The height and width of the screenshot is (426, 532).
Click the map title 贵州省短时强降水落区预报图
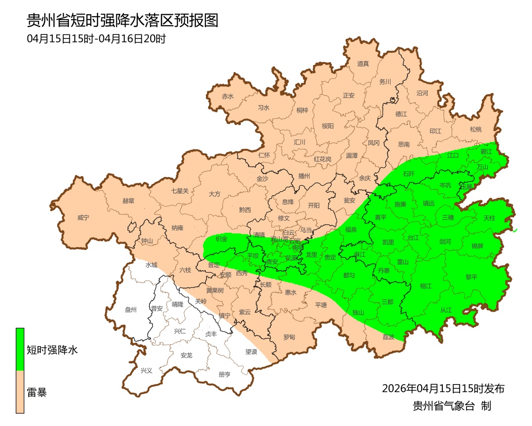click(x=122, y=21)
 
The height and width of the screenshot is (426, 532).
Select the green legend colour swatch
click(x=20, y=349)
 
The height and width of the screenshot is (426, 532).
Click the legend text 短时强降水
click(x=52, y=351)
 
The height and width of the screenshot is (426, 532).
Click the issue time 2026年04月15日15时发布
click(x=443, y=389)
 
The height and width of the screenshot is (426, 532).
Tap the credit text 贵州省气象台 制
click(x=452, y=406)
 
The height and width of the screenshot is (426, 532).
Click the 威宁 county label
click(x=84, y=217)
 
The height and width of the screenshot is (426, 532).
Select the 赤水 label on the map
click(x=228, y=97)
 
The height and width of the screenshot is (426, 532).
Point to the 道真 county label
click(x=363, y=63)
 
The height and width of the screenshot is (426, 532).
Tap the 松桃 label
click(x=475, y=130)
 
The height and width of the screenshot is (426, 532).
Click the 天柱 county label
click(x=489, y=217)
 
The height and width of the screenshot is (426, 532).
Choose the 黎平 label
click(x=471, y=277)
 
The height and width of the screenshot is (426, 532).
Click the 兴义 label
click(x=147, y=370)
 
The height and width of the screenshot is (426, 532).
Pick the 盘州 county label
click(x=131, y=310)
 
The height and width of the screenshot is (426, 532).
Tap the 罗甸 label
click(x=289, y=337)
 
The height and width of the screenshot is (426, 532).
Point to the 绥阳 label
click(x=328, y=126)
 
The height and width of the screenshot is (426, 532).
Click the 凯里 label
click(x=388, y=242)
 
